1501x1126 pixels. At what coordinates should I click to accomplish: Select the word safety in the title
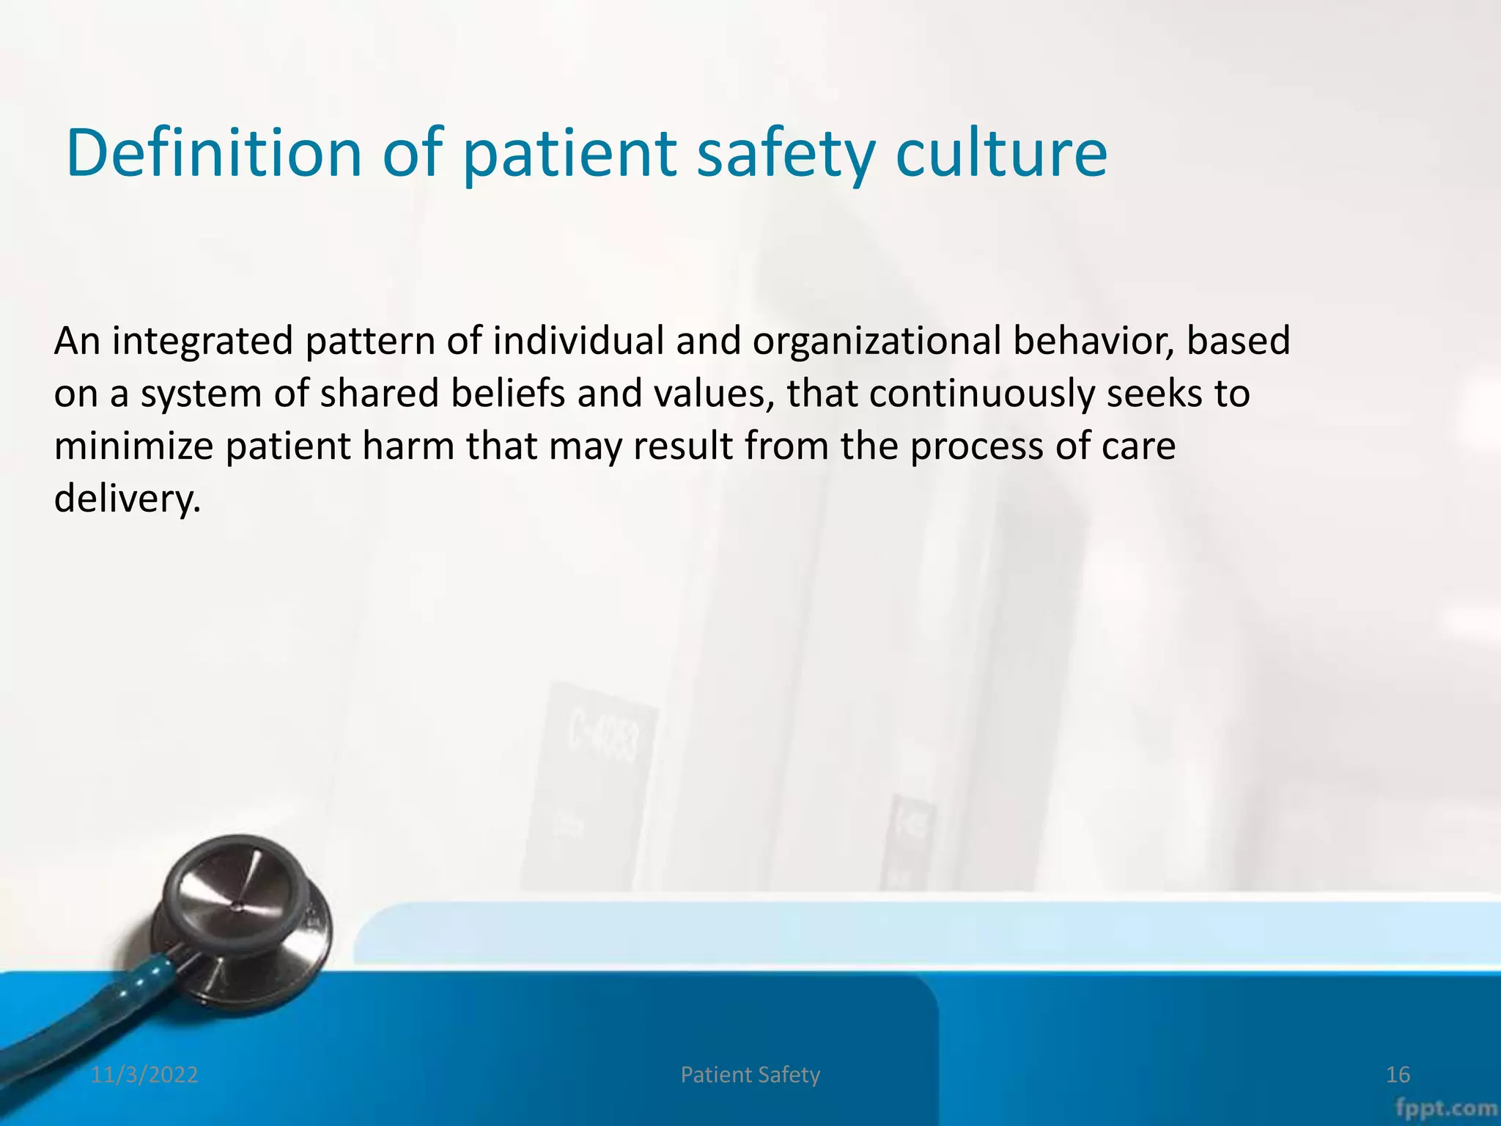tap(786, 155)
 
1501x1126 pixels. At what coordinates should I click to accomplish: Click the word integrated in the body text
tap(202, 342)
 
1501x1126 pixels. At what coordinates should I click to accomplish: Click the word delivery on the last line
tap(126, 499)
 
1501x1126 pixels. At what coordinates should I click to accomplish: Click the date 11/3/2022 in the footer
tap(144, 1075)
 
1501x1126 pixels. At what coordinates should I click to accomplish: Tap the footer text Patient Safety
tap(750, 1075)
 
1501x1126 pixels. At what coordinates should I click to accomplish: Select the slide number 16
tap(1398, 1075)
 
